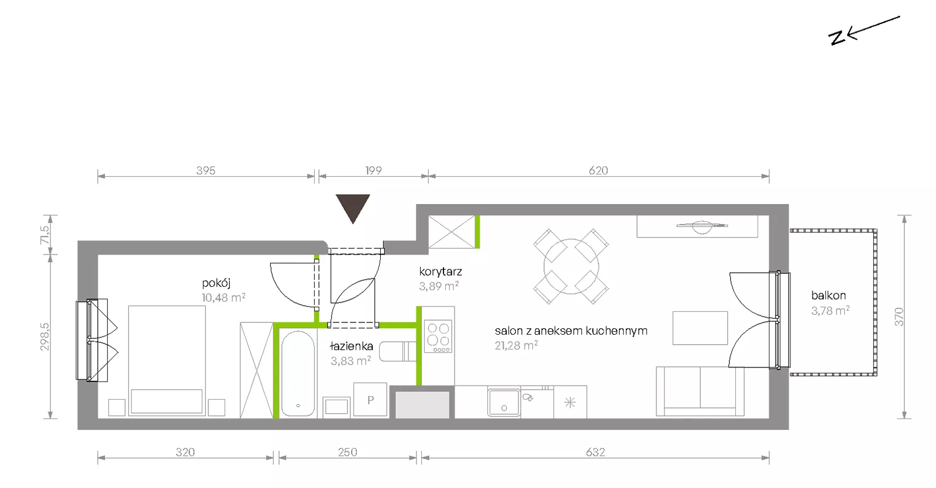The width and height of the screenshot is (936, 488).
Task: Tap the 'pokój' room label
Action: coord(216,283)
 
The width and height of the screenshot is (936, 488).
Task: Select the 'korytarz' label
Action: coord(441,272)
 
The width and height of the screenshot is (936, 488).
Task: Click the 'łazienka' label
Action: coord(351,346)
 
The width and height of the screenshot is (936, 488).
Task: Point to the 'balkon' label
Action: coord(828,295)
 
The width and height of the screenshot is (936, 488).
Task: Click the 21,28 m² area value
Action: coord(516,346)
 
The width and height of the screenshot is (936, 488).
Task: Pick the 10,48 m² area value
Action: coord(223,297)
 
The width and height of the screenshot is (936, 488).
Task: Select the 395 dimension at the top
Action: coord(205,170)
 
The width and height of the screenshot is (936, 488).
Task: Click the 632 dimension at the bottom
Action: coord(595,452)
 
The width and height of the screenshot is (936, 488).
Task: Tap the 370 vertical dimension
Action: coord(899,317)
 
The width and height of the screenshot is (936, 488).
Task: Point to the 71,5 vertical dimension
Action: coord(44,235)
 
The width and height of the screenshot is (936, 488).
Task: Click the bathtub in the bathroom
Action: coord(298,373)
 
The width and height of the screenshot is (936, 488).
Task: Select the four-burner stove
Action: coord(438,336)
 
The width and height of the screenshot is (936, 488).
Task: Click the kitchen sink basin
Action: coord(504,403)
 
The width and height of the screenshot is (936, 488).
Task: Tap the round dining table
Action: coord(571,266)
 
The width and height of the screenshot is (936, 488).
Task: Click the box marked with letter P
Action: coord(370,400)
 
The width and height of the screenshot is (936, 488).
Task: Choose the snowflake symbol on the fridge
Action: coord(570,403)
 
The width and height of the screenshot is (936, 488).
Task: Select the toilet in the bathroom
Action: coord(398,352)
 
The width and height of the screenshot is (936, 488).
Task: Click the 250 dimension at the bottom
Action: coord(347,452)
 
